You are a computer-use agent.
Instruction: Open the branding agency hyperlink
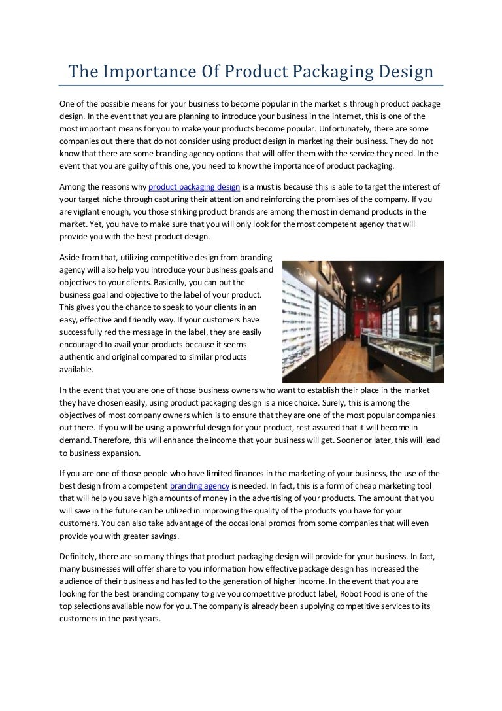[x=199, y=486]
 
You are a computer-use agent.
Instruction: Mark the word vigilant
[x=90, y=213]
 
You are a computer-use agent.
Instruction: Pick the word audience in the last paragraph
[x=78, y=581]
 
